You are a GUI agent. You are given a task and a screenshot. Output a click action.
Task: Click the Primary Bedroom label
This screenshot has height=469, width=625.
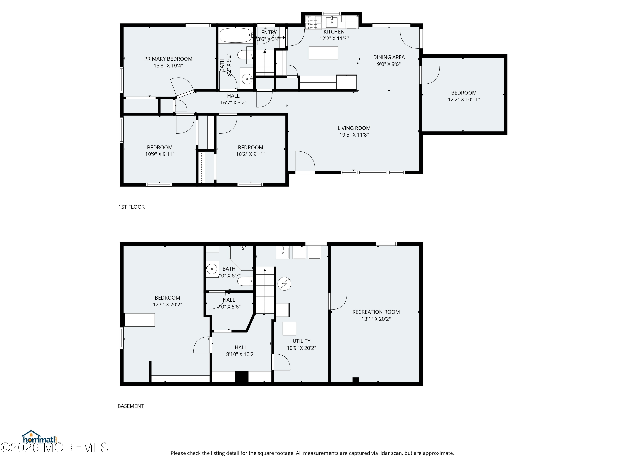pos(168,59)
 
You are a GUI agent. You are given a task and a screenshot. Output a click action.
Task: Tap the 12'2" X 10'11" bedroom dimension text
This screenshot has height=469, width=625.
pos(464,99)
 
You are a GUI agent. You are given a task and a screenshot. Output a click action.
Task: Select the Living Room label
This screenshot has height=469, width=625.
pos(354,128)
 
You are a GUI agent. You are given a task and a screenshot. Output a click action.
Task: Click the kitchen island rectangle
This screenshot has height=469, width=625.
pos(323,53)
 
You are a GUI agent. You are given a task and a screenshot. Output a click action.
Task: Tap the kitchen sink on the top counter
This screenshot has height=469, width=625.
pos(332,21)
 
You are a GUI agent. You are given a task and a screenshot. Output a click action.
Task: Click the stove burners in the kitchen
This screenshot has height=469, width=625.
pos(313,23)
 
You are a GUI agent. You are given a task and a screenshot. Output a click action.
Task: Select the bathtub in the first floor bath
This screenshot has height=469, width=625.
pos(236,35)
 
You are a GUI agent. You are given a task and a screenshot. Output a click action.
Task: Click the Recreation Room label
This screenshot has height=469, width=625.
pos(376,312)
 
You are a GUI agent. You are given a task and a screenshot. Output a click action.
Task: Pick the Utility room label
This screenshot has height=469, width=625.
pos(301,341)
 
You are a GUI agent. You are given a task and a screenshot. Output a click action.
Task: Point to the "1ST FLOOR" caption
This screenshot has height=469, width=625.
pos(131,207)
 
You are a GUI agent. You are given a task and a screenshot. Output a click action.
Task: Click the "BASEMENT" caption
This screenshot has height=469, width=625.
pos(131,406)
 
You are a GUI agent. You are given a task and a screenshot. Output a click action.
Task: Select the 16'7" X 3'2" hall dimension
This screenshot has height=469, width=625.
pos(233,103)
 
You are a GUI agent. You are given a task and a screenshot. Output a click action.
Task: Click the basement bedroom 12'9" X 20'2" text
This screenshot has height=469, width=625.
pos(167,305)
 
